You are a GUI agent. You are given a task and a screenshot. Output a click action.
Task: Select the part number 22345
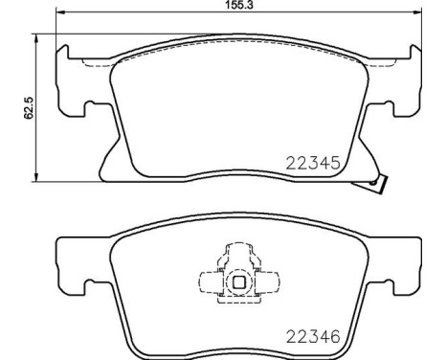315,164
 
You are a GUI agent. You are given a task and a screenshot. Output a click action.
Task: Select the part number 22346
315,336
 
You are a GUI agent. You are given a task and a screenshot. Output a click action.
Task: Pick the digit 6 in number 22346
336,336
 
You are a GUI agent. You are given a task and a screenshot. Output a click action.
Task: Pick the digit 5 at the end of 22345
336,164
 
